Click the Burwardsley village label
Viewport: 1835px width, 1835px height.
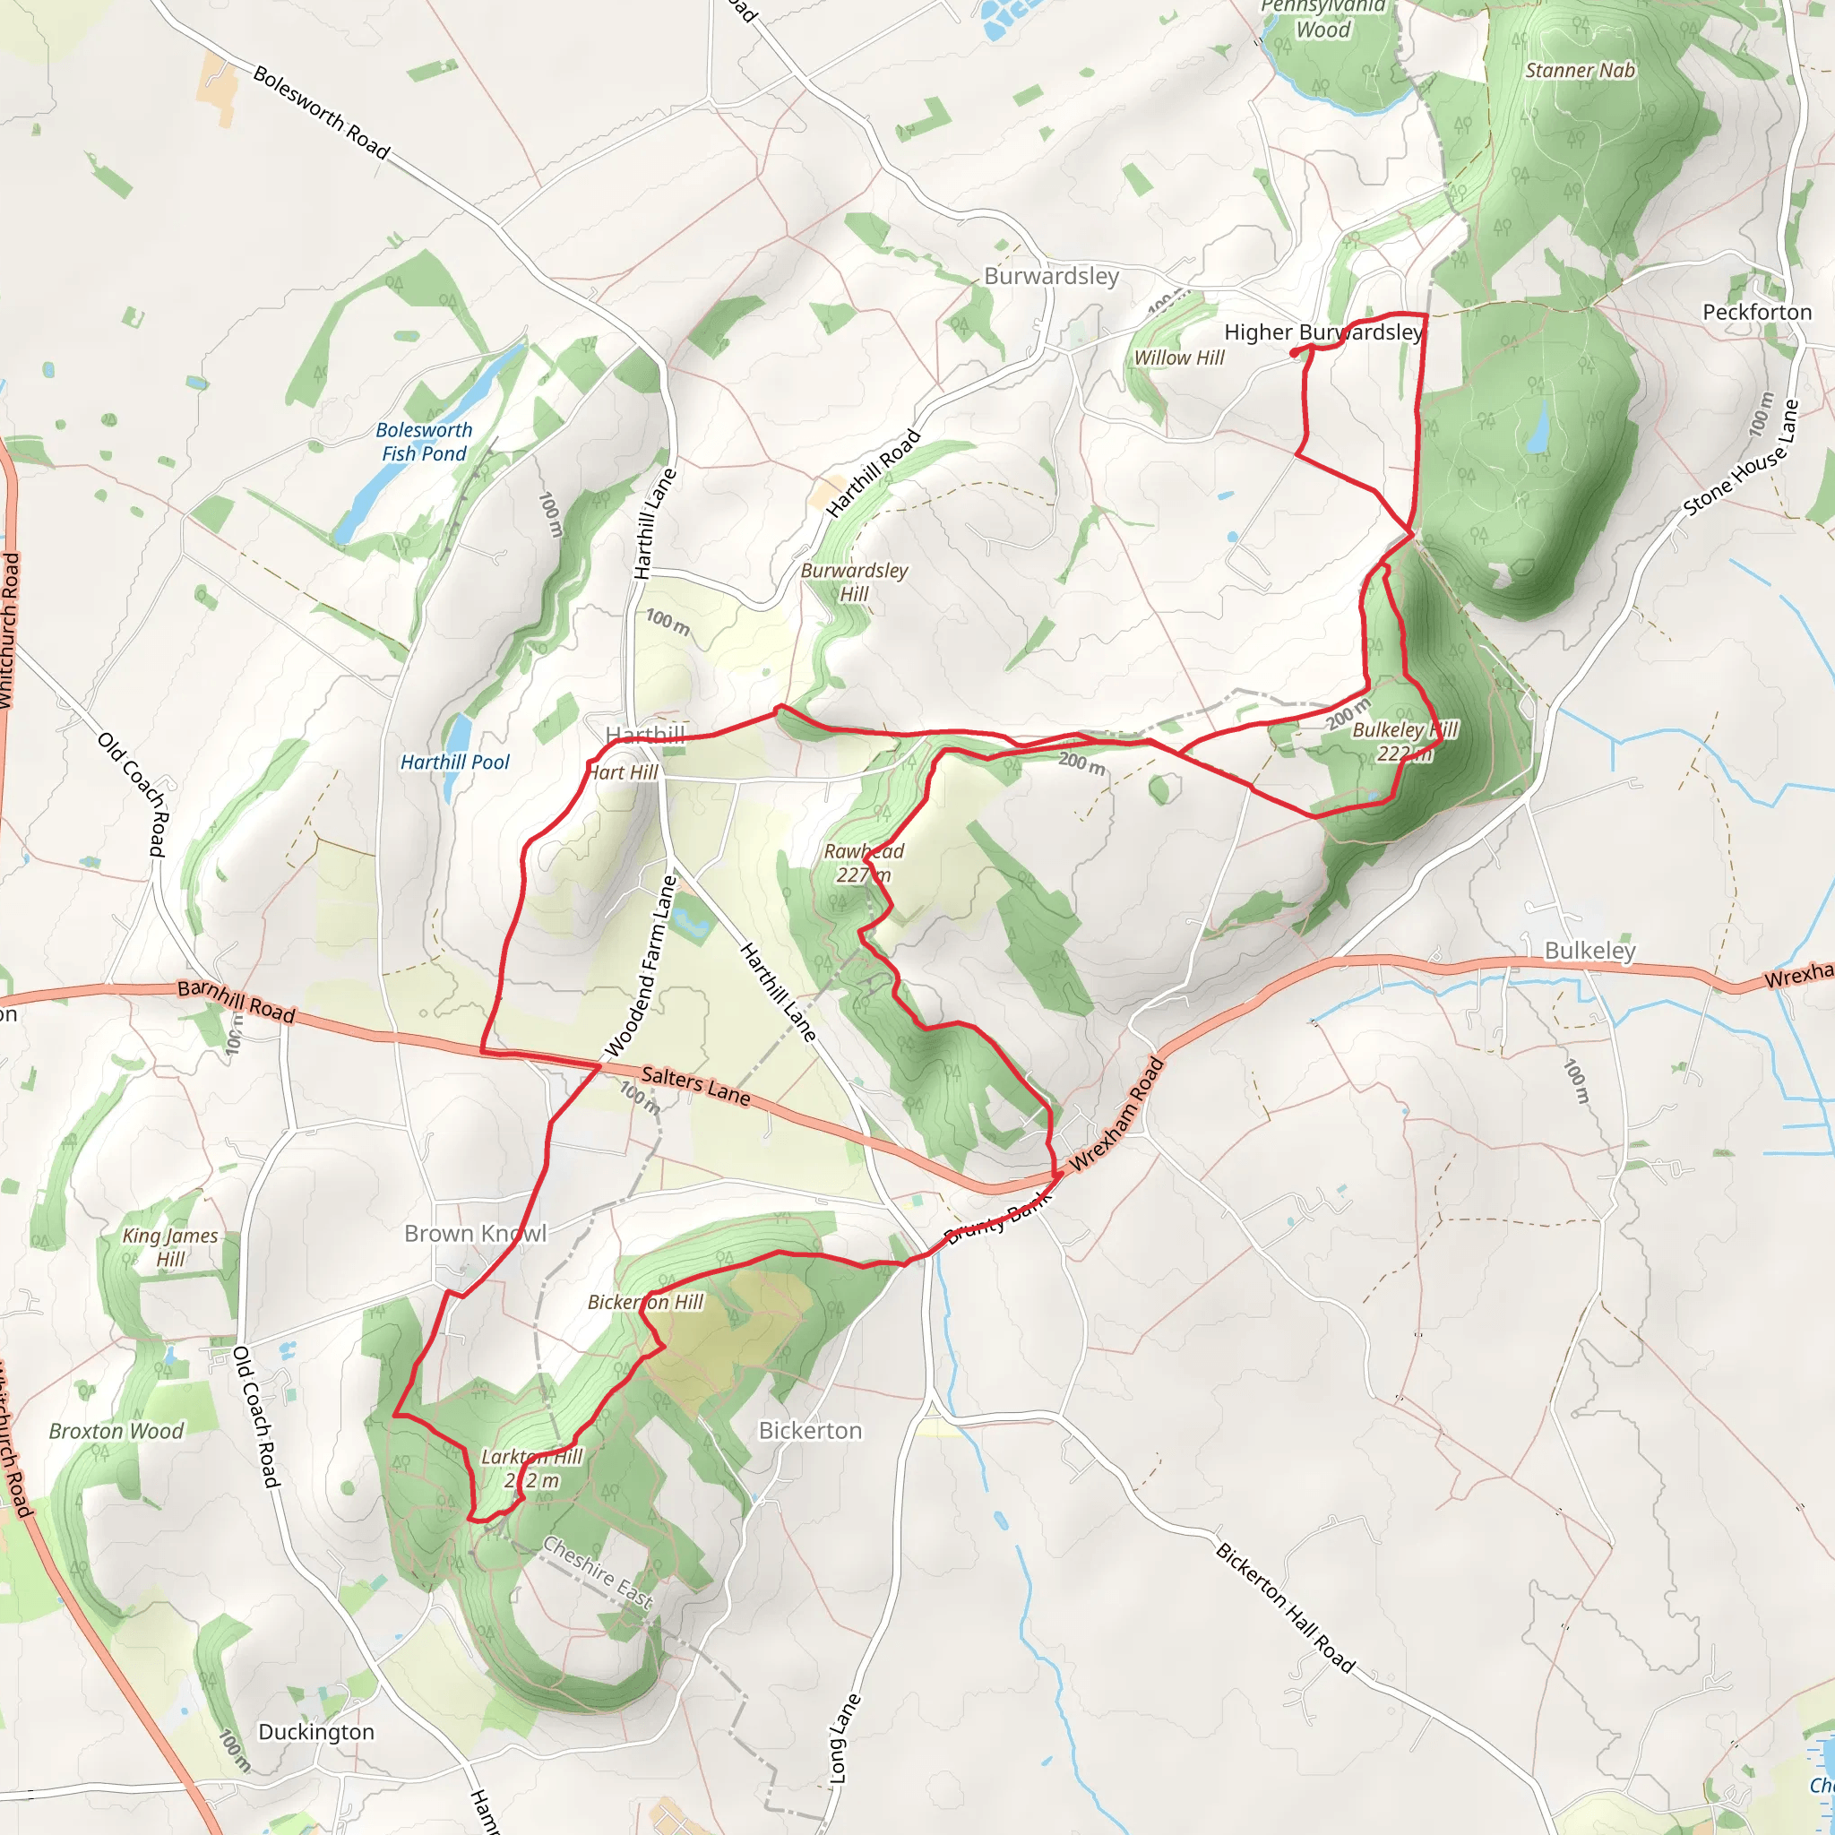1051,276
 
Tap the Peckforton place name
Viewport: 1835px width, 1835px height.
1756,313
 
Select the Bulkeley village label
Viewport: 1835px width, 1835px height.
1590,951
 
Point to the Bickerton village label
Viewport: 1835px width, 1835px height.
810,1430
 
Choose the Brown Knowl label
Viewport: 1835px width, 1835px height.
475,1234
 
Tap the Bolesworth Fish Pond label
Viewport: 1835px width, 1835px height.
424,442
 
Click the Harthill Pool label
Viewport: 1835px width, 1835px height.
454,762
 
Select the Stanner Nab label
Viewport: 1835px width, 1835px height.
1580,70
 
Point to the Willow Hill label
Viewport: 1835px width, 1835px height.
1179,358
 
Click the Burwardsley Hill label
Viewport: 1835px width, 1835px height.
854,582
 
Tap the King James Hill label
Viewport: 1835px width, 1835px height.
170,1247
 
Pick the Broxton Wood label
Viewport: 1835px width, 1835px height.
116,1431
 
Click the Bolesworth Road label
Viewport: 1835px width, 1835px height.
321,112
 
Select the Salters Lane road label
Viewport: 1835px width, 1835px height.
695,1086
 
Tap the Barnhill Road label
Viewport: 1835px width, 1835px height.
237,1001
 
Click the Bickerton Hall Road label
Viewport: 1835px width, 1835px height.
1285,1607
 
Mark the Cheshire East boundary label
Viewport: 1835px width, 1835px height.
598,1573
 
